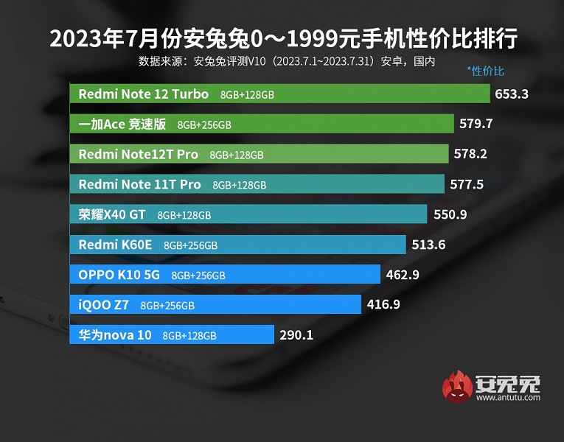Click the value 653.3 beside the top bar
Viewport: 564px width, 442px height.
coord(512,94)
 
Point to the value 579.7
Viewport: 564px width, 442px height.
coord(476,124)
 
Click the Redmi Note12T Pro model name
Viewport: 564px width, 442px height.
coord(138,154)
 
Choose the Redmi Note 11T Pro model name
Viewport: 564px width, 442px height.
coord(139,184)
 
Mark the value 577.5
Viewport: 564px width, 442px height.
coord(467,184)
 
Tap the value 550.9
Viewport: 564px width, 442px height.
coord(450,214)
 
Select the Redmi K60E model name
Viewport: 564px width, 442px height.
coord(115,245)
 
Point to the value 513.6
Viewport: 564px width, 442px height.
coord(428,245)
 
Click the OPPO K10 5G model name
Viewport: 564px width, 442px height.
coord(119,275)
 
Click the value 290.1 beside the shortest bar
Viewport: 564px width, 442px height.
coord(296,335)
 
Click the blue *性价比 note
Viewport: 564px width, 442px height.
coord(485,71)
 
